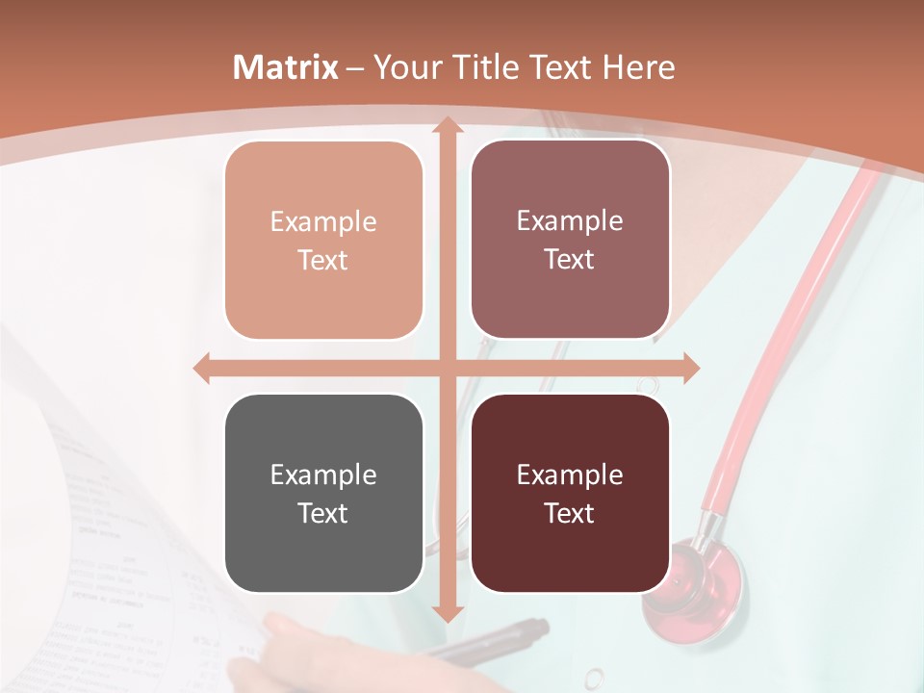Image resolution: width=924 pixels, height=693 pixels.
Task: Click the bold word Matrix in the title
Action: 286,67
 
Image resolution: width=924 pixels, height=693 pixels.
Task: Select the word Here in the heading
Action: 638,67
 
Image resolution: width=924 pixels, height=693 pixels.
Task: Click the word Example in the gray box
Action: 323,475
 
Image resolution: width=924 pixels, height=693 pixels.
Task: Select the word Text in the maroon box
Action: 570,513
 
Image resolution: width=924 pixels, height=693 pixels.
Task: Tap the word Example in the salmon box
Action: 323,221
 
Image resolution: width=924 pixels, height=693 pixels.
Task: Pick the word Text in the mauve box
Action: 570,260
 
